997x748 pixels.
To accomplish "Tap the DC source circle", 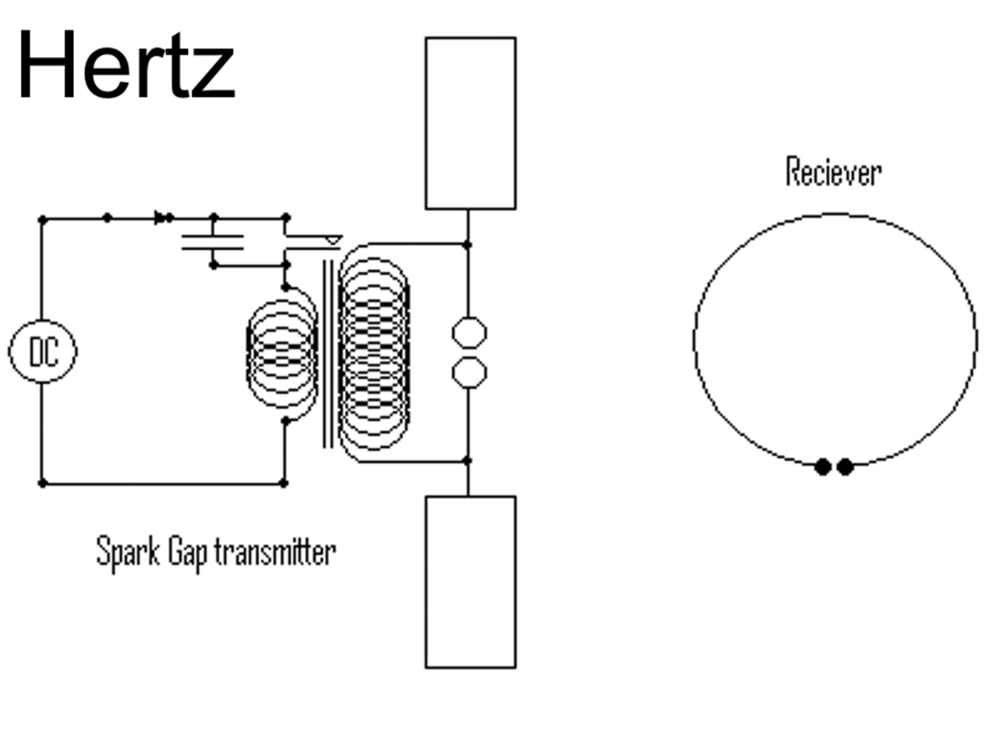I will [43, 352].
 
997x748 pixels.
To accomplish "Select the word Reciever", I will [833, 172].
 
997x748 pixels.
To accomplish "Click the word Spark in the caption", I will [128, 552].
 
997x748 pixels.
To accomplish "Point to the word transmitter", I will [275, 552].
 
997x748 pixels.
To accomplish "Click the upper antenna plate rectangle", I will [470, 123].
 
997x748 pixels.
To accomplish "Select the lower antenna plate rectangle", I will [470, 582].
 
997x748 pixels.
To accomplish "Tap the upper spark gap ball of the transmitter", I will [469, 333].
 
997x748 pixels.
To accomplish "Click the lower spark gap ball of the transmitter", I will [469, 372].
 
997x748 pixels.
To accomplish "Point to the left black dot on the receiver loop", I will [822, 466].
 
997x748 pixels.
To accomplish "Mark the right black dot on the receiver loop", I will [846, 466].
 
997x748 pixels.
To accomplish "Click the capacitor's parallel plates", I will [212, 242].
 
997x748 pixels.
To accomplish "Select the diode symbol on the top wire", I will [163, 218].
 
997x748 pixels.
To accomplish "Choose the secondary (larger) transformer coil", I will [374, 353].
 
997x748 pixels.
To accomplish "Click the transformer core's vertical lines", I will [328, 353].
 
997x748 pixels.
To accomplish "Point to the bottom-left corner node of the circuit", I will [43, 484].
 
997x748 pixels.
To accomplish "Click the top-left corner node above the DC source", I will [43, 220].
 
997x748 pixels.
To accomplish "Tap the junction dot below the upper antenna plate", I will [467, 244].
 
